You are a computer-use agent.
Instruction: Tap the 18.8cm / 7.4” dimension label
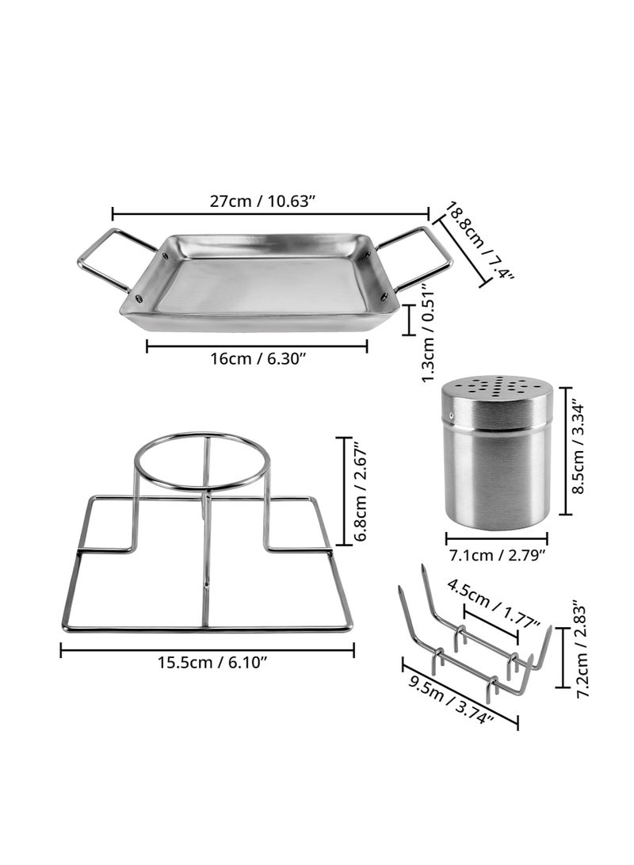pyautogui.click(x=479, y=242)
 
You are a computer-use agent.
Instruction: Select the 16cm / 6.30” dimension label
pyautogui.click(x=258, y=358)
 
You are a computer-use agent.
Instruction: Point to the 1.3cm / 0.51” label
pyautogui.click(x=429, y=332)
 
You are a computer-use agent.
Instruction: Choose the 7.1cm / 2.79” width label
pyautogui.click(x=497, y=554)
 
